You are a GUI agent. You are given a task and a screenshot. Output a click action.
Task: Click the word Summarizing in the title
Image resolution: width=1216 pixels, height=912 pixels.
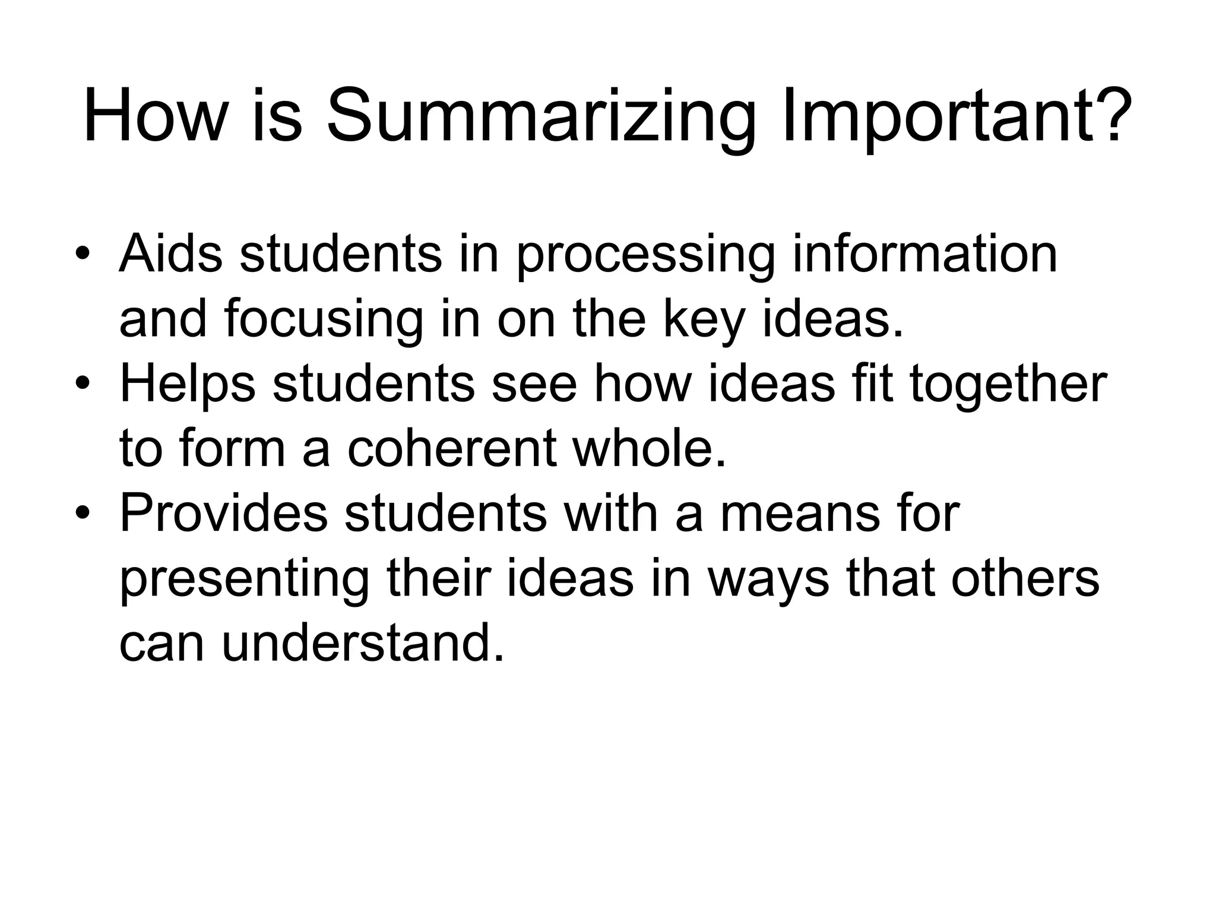pos(541,116)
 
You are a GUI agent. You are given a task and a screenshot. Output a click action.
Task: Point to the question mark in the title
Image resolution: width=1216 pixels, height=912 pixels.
pos(1109,113)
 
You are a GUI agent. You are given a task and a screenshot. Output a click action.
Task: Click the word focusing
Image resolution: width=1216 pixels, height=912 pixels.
pos(324,321)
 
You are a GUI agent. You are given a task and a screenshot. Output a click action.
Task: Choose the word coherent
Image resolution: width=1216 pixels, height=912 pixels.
pos(451,449)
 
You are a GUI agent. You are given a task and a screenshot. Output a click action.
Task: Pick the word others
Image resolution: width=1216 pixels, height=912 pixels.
pos(1025,578)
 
